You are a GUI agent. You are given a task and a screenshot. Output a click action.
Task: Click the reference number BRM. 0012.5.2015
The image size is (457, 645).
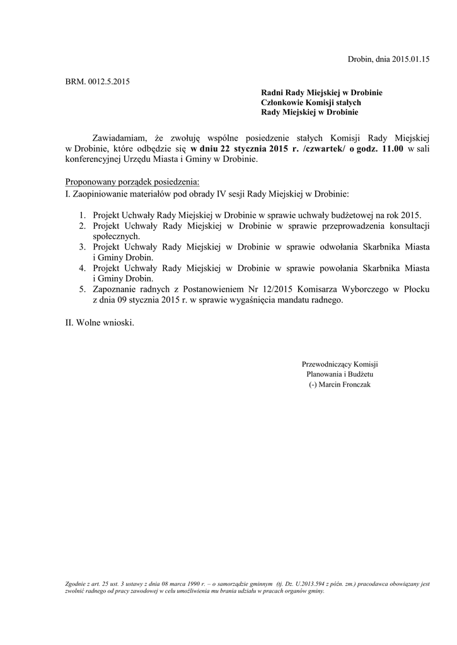(98, 81)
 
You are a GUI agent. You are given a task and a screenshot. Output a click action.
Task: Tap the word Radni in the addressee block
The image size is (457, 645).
(272, 93)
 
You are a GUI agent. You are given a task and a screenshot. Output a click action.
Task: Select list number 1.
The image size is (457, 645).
(82, 215)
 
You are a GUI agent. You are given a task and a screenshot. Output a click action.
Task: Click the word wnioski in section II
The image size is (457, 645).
(119, 323)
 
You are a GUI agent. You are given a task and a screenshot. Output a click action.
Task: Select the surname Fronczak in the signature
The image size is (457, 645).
(355, 384)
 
